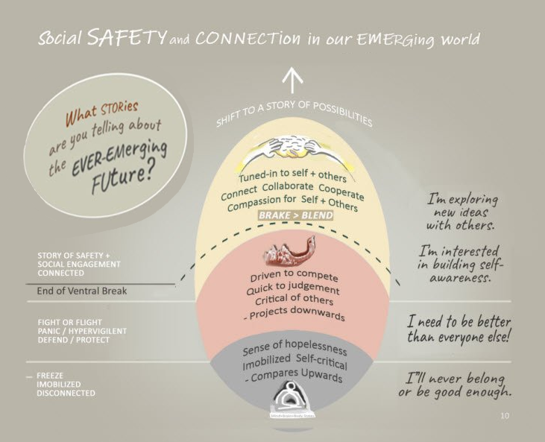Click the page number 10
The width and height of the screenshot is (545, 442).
[x=505, y=415]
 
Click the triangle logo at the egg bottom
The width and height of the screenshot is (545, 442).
[x=292, y=396]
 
